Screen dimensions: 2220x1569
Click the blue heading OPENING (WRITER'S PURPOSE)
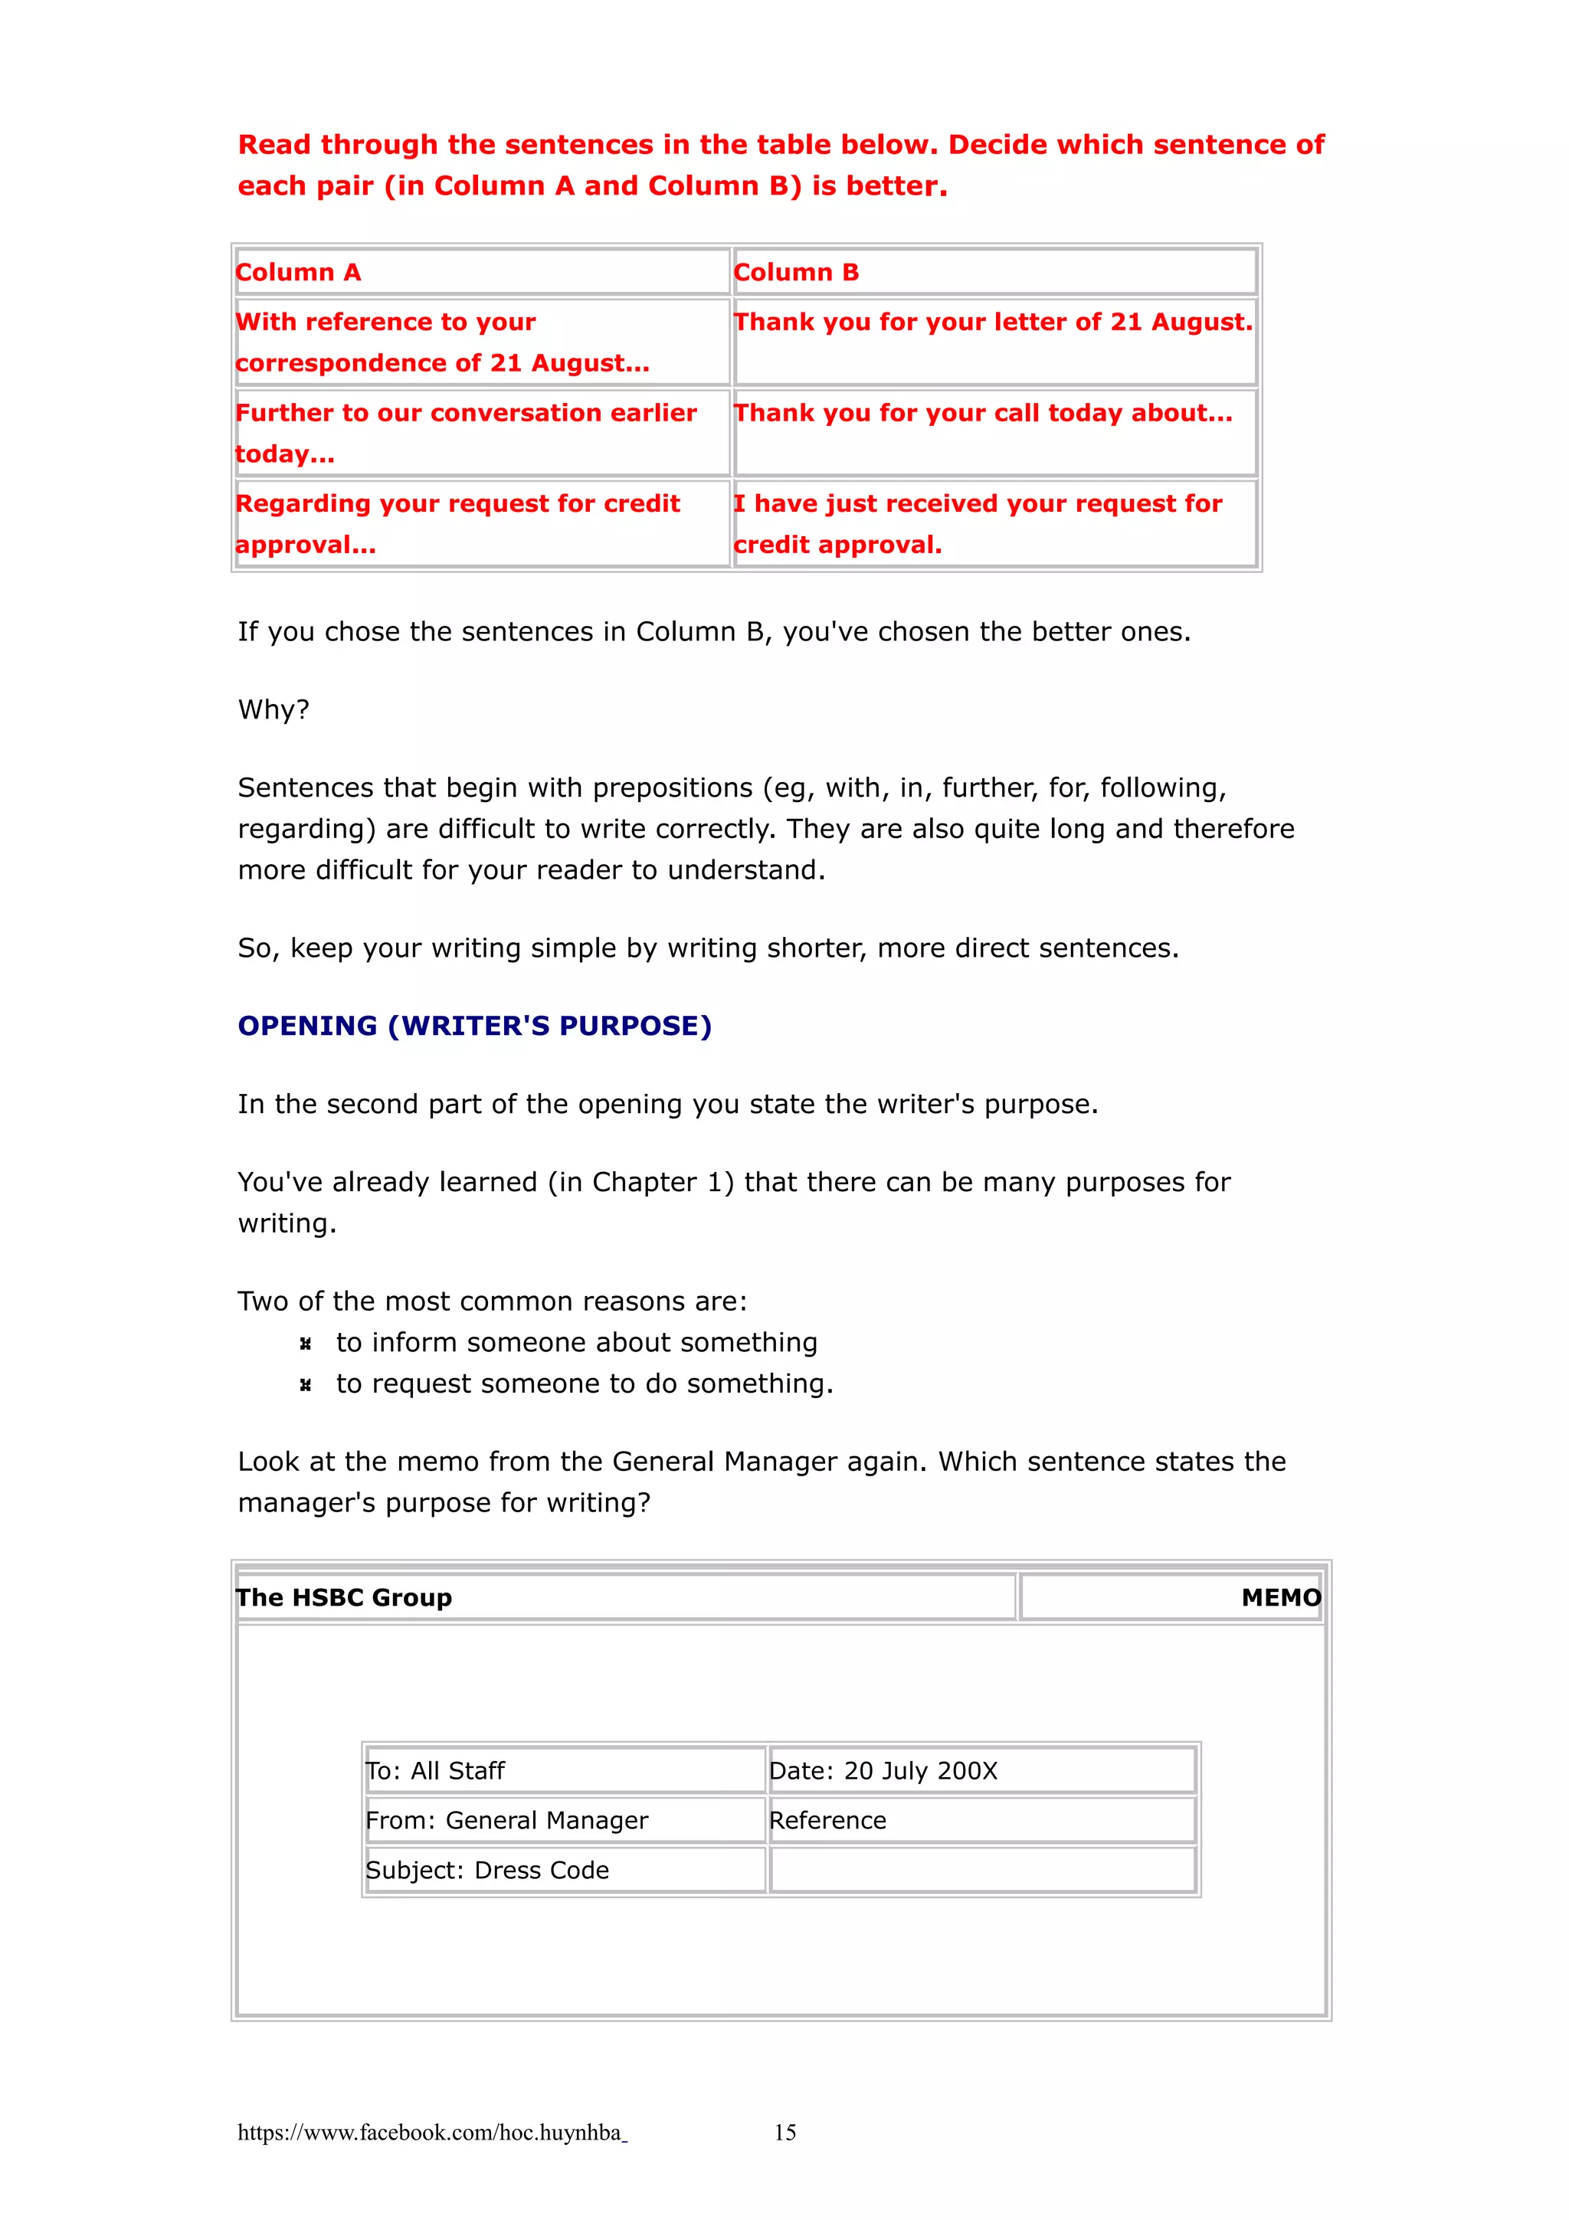(475, 1026)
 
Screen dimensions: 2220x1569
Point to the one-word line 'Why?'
(274, 709)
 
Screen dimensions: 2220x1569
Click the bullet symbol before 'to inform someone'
(306, 1344)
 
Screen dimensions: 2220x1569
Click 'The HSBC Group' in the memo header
(344, 1597)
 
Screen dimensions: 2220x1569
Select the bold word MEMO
(1280, 1597)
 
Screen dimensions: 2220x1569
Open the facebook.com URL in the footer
(431, 2132)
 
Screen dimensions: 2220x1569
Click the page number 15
(785, 2132)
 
